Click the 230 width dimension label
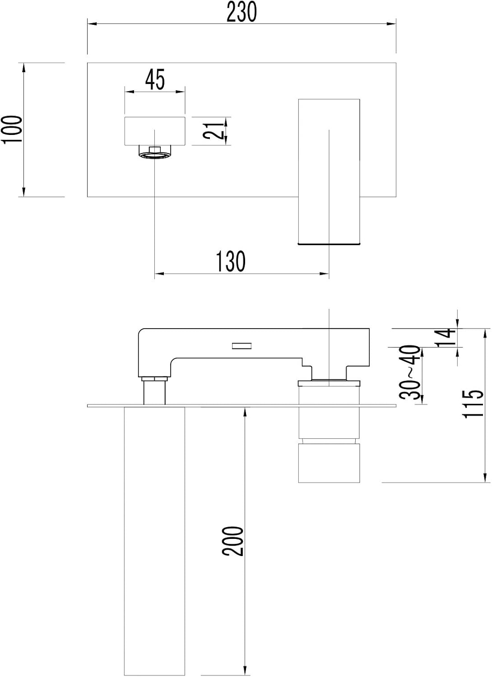[241, 12]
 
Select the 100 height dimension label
[12, 130]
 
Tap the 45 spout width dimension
[155, 79]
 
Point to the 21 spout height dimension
[214, 130]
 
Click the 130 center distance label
[231, 261]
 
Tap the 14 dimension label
[445, 338]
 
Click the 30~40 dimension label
[410, 372]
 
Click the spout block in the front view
[155, 130]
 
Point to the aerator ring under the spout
[155, 155]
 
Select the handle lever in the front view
[329, 171]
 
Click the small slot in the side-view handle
[241, 346]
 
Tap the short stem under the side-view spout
[154, 392]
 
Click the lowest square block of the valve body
[329, 463]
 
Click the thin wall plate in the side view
[241, 406]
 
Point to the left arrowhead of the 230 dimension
[92, 23]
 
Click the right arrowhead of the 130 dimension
[324, 274]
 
